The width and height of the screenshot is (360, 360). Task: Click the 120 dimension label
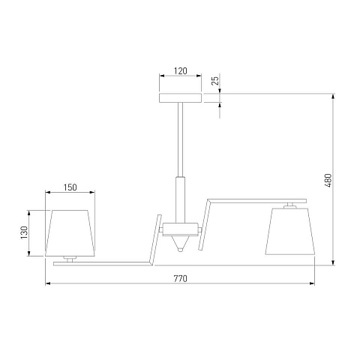click(x=181, y=71)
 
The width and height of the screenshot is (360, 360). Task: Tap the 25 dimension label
click(x=215, y=80)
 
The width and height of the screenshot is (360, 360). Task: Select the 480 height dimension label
click(x=328, y=181)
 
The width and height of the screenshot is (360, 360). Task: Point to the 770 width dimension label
click(x=181, y=278)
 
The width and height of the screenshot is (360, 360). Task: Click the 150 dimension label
click(x=70, y=187)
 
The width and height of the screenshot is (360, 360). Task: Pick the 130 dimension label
click(x=24, y=232)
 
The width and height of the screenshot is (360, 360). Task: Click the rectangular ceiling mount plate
click(x=181, y=98)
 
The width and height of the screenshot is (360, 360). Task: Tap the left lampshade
click(x=70, y=233)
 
